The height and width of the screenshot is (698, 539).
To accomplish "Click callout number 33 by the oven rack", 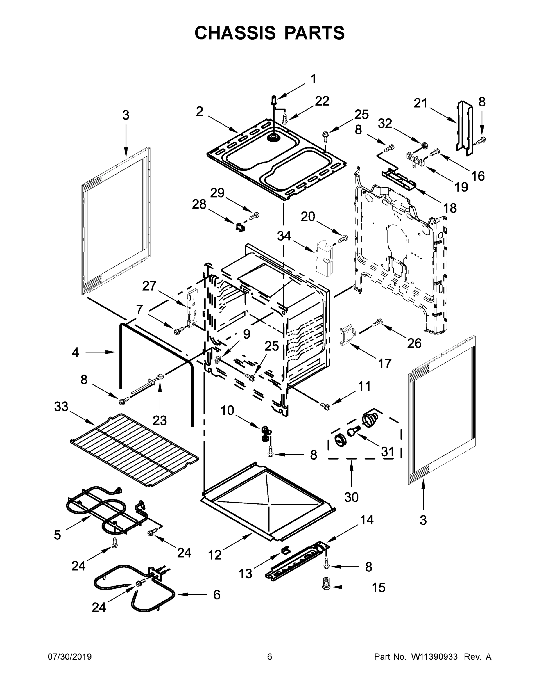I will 61,407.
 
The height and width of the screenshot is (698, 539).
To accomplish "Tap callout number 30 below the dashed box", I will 351,497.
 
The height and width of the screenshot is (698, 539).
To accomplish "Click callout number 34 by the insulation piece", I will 284,236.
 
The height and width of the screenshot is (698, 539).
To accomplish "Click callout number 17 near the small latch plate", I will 384,363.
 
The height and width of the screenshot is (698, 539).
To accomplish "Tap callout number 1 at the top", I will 313,79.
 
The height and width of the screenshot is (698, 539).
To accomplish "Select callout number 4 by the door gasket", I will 75,352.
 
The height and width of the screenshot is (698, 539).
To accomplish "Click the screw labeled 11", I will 325,406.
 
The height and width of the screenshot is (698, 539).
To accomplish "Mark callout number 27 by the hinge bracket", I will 149,286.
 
